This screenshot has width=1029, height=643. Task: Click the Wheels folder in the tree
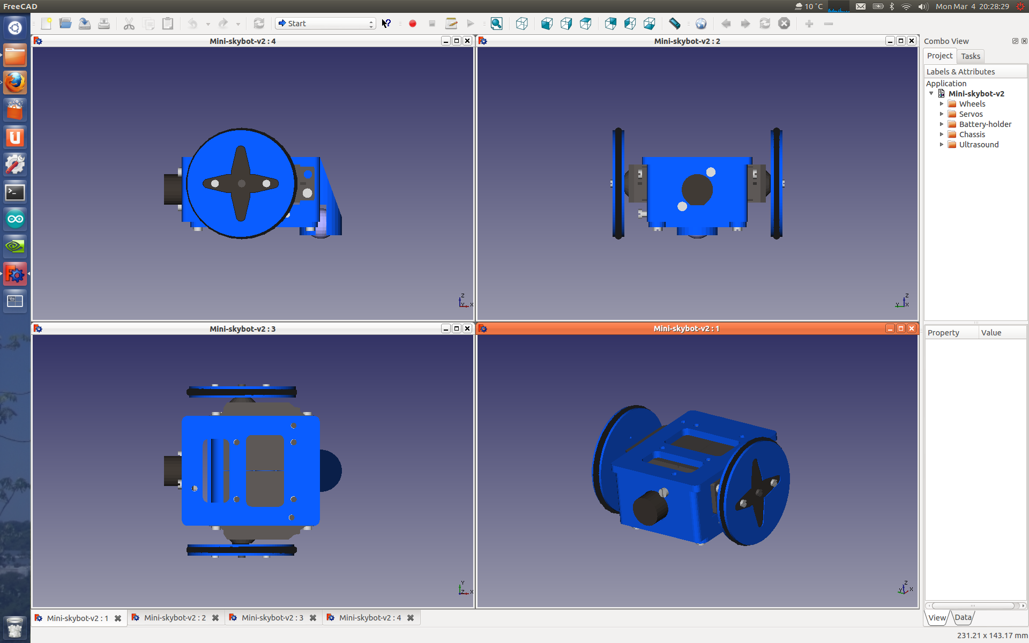[972, 104]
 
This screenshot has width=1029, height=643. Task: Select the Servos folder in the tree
[971, 114]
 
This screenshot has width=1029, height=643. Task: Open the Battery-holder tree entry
[985, 124]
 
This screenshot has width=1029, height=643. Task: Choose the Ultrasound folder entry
[978, 145]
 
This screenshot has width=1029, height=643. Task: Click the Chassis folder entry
[972, 134]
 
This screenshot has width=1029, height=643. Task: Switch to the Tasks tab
[970, 56]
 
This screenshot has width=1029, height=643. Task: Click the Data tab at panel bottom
[963, 617]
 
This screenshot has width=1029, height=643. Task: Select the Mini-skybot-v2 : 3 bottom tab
[272, 618]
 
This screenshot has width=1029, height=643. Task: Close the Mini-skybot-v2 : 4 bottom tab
[411, 618]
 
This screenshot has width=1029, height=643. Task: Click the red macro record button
[413, 24]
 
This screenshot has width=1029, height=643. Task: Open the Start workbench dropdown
[325, 24]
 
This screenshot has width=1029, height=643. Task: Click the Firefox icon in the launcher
[15, 83]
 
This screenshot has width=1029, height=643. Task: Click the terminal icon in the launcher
[15, 192]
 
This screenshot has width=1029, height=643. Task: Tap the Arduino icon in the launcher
[15, 219]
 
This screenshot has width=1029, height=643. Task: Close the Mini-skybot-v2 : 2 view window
[911, 41]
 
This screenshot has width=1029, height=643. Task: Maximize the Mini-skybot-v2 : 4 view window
[456, 41]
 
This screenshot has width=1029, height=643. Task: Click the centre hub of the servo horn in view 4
[241, 183]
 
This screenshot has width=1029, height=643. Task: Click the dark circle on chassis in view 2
[697, 189]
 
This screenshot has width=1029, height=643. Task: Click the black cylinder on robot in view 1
[650, 507]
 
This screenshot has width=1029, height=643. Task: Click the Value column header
[991, 333]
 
